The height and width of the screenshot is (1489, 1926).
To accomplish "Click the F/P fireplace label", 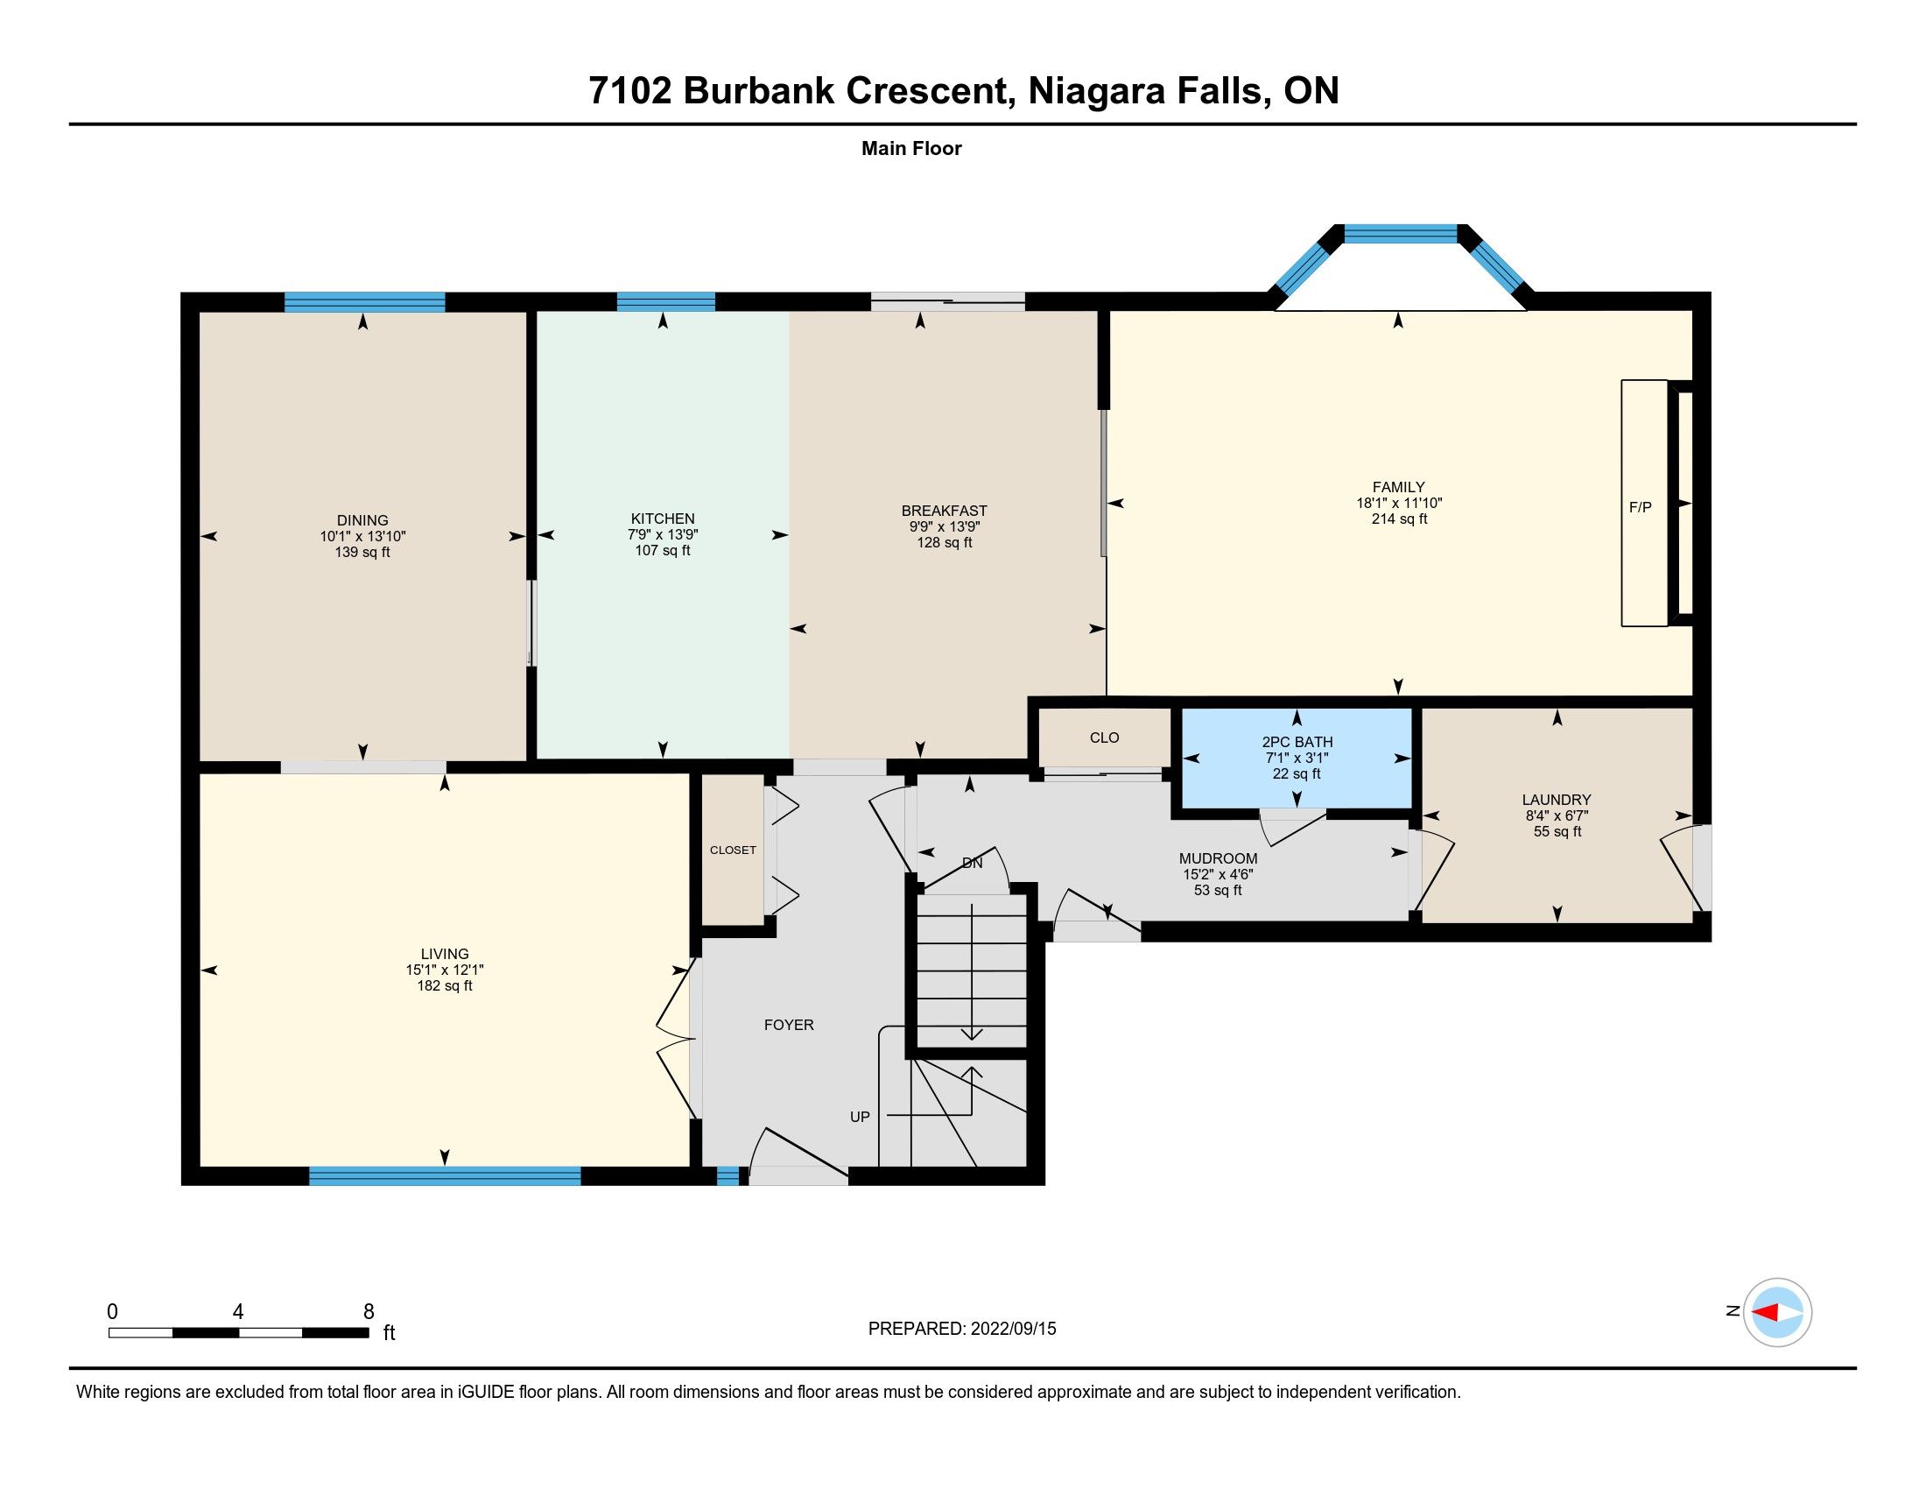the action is (x=1641, y=507).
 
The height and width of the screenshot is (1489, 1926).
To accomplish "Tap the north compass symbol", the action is (x=1777, y=1312).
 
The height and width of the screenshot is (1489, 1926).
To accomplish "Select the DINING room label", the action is (x=362, y=520).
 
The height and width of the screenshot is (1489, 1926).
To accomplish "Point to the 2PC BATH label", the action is (x=1297, y=742).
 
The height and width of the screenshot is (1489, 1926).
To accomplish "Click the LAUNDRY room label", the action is (x=1557, y=800).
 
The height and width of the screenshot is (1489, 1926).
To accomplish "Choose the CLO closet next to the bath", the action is (x=1104, y=737).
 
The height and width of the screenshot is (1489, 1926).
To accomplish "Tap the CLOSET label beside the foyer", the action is (x=733, y=850).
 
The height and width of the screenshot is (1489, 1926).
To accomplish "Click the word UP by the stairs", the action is (x=860, y=1117).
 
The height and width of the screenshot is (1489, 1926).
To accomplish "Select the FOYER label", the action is (x=789, y=1025).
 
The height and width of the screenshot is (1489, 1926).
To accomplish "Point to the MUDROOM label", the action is (x=1218, y=858).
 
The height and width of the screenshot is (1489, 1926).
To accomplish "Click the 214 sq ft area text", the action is (x=1399, y=519).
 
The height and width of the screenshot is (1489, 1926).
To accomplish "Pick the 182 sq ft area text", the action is (x=445, y=985).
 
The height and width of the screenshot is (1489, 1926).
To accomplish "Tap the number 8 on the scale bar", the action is (x=369, y=1312).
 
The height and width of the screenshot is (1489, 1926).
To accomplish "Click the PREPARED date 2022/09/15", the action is (x=1013, y=1329).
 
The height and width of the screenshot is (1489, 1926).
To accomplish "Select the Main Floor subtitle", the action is (x=911, y=148).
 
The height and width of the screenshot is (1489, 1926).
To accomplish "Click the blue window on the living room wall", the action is (x=445, y=1175).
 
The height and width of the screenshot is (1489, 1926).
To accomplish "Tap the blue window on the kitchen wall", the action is (x=666, y=301).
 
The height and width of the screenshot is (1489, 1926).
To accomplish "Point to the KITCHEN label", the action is (x=663, y=519).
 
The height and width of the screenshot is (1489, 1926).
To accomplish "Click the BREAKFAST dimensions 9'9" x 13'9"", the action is (x=945, y=526).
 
